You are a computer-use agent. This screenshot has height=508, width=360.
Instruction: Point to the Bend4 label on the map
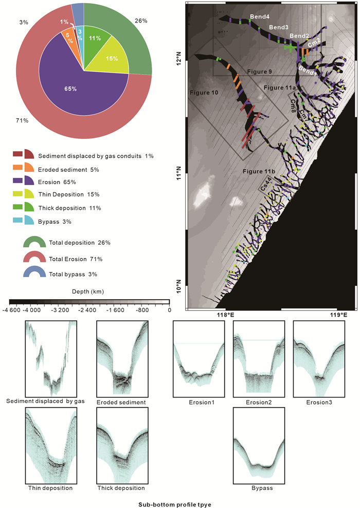click(x=260, y=17)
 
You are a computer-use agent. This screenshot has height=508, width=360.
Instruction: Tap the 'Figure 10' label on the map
click(x=204, y=93)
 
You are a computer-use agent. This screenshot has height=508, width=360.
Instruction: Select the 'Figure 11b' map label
click(x=258, y=170)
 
